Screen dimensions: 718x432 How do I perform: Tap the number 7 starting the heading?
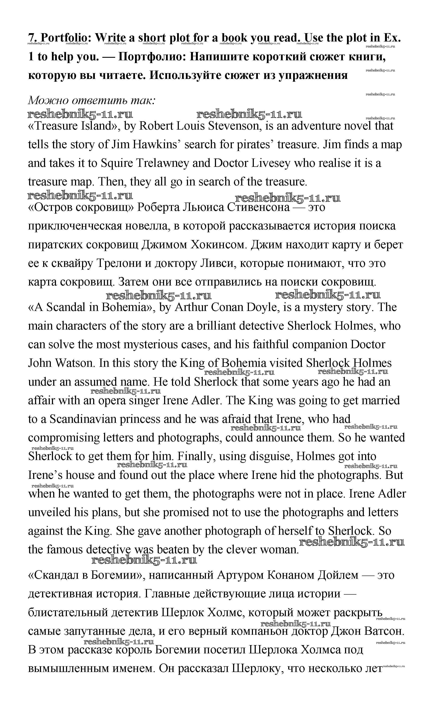pyautogui.click(x=31, y=38)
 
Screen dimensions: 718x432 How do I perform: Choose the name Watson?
pyautogui.click(x=75, y=363)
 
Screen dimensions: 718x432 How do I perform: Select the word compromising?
pyautogui.click(x=64, y=438)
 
